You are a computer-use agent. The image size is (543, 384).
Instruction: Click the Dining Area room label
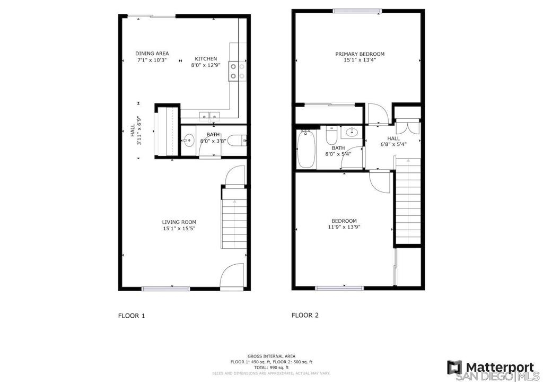[x=152, y=54]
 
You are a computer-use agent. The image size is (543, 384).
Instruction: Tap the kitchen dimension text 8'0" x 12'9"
[x=206, y=65]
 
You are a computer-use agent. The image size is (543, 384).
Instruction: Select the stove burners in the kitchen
[x=237, y=71]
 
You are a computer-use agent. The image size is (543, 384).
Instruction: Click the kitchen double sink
[x=209, y=115]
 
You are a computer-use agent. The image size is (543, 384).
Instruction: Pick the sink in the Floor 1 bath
[x=189, y=141]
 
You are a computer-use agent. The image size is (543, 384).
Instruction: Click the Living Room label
[x=179, y=222]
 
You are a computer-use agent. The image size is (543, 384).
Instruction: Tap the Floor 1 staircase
[x=234, y=218]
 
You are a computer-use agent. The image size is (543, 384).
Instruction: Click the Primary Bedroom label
[x=360, y=54]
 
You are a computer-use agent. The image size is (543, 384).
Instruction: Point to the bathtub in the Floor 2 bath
[x=306, y=149]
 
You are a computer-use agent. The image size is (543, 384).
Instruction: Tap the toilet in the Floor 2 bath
[x=331, y=136]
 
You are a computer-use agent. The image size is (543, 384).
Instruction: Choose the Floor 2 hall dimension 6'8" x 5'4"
[x=393, y=144]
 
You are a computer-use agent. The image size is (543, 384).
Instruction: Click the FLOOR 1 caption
[x=132, y=316]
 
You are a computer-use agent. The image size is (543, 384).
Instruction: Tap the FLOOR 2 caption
[x=305, y=315]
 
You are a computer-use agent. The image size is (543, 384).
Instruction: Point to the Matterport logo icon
[x=454, y=368]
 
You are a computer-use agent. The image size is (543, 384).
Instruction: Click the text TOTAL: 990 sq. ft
[x=271, y=368]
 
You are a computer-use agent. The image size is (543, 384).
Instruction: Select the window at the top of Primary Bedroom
[x=357, y=11]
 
